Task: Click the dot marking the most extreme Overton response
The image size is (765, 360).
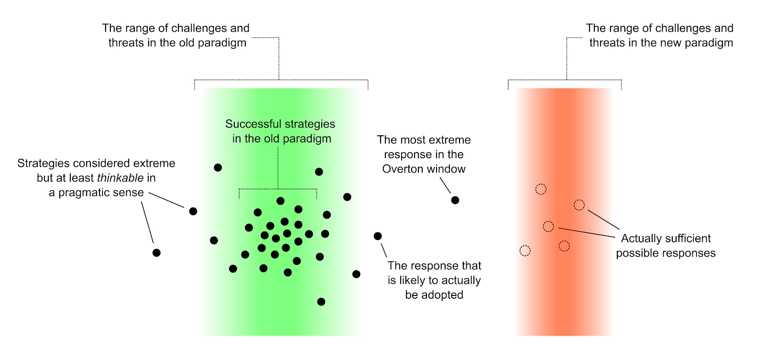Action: (x=455, y=200)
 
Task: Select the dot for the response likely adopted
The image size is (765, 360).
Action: (x=378, y=236)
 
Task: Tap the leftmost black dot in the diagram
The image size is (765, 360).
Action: (x=156, y=253)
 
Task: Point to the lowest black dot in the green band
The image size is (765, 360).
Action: (x=321, y=302)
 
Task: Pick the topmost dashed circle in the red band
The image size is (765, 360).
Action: (x=541, y=189)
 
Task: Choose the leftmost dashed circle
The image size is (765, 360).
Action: (x=525, y=251)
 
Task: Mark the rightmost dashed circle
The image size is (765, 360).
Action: (x=579, y=205)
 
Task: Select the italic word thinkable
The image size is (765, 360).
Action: (x=120, y=178)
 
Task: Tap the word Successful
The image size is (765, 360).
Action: (x=253, y=124)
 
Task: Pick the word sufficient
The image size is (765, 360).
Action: (x=688, y=239)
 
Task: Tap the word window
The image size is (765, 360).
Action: (x=448, y=169)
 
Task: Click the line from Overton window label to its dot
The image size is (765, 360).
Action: (x=445, y=185)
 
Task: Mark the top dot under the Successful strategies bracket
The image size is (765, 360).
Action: (x=281, y=201)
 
